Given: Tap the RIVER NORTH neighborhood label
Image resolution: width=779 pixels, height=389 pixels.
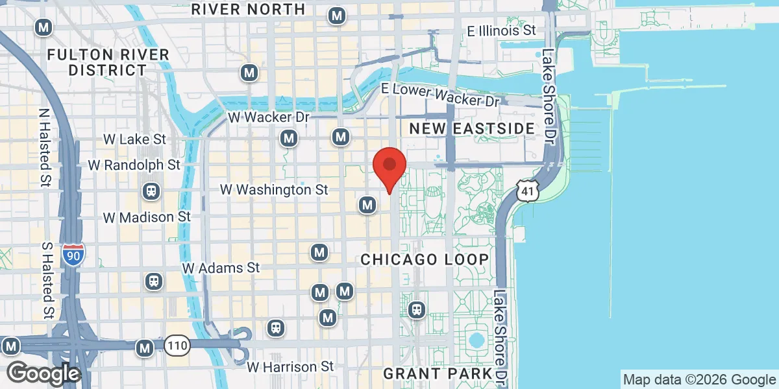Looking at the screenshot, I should click(x=248, y=9).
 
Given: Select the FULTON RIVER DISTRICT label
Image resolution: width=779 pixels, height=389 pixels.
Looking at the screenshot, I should click(x=108, y=62).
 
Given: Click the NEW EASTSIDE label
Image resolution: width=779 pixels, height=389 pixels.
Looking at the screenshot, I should click(x=472, y=128).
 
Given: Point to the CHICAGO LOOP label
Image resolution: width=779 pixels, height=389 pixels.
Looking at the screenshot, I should click(x=425, y=259).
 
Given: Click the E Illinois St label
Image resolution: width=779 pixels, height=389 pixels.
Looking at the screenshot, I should click(x=502, y=30).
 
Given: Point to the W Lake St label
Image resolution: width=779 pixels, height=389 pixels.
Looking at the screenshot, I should click(x=134, y=139).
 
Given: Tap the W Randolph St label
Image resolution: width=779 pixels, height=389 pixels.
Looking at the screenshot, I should click(x=134, y=165).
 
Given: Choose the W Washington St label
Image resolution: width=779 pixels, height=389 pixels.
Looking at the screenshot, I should click(x=274, y=190).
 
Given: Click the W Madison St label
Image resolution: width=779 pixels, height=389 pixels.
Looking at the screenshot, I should click(x=147, y=217).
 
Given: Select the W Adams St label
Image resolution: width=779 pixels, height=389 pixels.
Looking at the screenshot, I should click(x=221, y=267).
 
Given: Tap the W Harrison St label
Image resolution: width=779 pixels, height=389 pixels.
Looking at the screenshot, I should click(x=291, y=367).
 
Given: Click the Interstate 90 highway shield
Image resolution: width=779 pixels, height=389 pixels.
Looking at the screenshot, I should click(x=73, y=254).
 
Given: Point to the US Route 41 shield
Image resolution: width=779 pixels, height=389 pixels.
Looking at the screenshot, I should click(x=526, y=189).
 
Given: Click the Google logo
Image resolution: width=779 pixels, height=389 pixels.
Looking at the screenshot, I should click(x=43, y=374).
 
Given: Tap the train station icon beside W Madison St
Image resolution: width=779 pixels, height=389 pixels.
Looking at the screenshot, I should click(x=151, y=191).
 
